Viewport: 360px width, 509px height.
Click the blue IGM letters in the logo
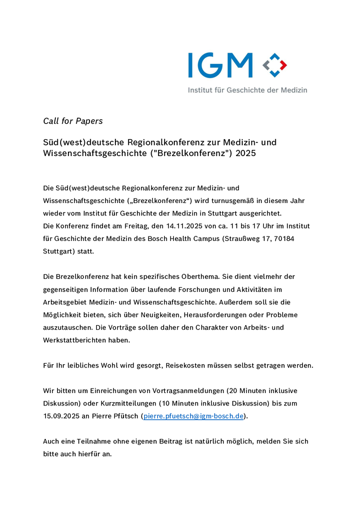(x=220, y=65)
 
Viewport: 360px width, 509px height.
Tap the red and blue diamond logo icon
(x=275, y=65)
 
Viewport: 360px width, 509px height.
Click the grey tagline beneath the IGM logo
(x=247, y=90)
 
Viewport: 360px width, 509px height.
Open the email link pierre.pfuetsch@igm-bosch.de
(x=194, y=416)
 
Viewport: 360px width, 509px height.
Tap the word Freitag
(x=131, y=226)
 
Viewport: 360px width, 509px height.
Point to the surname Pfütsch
(x=124, y=416)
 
